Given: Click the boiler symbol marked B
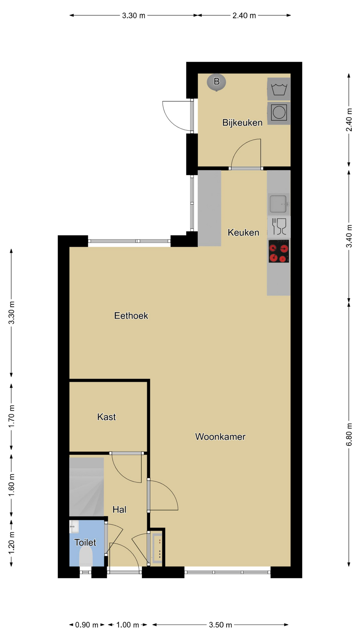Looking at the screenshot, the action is [216, 82].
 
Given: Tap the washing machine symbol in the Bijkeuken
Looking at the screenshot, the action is [279, 89].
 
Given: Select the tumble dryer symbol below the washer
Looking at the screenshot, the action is [279, 113].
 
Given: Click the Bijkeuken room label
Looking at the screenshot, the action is [242, 123].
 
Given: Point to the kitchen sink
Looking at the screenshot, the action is [279, 204].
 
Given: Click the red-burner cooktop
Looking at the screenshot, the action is [279, 251].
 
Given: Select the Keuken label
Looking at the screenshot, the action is [243, 232].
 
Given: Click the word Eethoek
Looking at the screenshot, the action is [131, 316].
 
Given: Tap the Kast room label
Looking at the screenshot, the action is [106, 417].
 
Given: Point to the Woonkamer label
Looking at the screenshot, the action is [220, 437].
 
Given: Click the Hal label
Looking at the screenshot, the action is [119, 509].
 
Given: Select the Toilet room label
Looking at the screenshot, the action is [85, 542].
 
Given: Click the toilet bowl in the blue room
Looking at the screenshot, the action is [86, 557].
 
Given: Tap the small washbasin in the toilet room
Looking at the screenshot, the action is [74, 527].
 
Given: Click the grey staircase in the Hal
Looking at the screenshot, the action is [86, 487].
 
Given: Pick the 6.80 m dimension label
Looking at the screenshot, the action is [349, 434].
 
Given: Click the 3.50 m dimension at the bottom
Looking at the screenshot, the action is [220, 625].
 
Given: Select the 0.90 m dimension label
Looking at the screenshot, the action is [87, 625].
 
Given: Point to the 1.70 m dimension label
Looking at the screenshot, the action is [12, 416].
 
